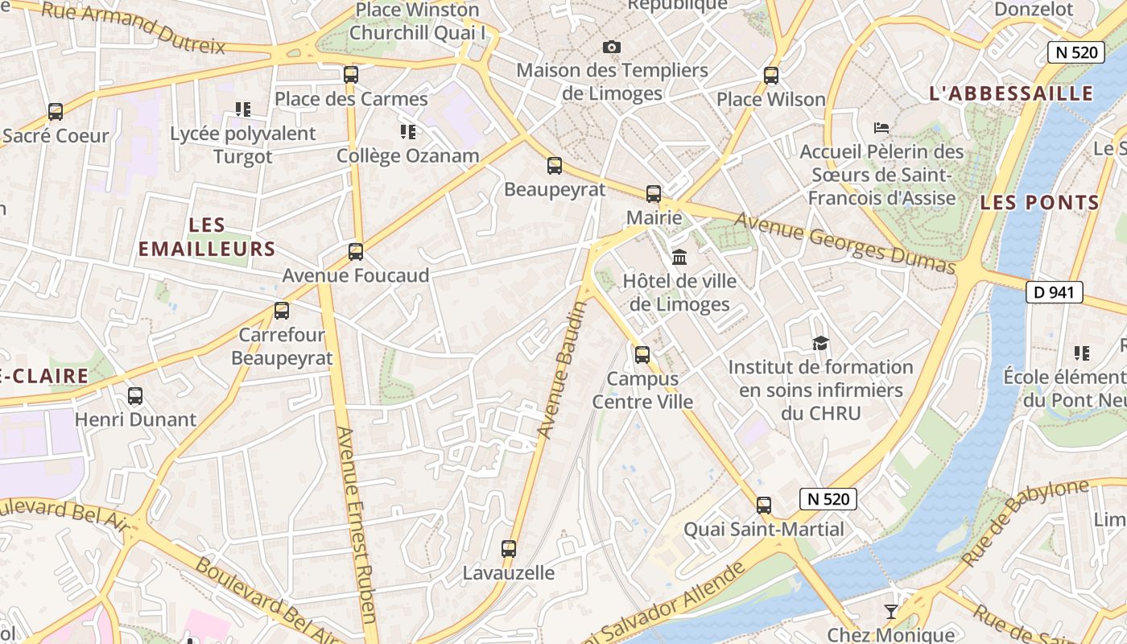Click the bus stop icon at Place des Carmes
pos(351,75)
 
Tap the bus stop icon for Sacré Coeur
pos(56,112)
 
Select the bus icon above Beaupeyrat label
pos(555,167)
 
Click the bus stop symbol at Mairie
pos(654,194)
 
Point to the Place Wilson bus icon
pos(771,76)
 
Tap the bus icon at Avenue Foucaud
pos(356,252)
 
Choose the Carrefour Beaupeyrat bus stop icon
pos(282,311)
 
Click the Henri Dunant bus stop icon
pos(135,396)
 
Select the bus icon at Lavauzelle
pos(509,549)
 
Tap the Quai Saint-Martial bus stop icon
pos(764,506)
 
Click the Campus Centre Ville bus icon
pos(642,354)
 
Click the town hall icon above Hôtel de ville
pos(679,258)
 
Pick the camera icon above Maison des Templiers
pos(612,47)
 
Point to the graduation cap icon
pos(820,344)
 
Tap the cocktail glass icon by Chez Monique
pos(891,612)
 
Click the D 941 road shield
pos(1054,292)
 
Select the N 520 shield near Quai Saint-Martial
pos(828,499)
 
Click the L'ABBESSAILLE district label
pos(1012,93)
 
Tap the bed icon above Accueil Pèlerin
pos(881,127)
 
